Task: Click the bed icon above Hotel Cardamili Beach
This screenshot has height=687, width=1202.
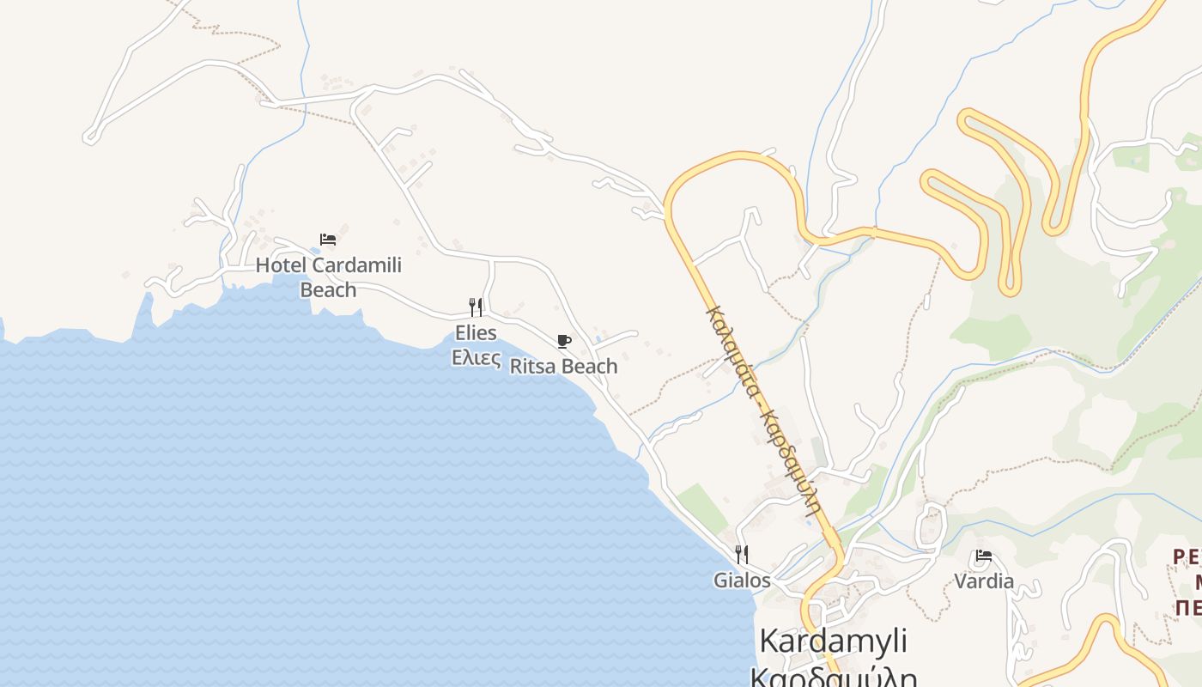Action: (328, 239)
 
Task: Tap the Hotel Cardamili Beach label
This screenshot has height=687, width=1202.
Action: (328, 277)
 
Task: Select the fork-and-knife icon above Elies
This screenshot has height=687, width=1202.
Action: (476, 307)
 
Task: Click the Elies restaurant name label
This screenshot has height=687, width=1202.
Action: (476, 332)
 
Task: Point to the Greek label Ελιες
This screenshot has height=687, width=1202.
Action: (476, 357)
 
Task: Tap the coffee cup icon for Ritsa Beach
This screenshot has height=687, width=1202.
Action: (564, 342)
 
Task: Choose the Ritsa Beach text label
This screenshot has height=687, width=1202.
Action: (563, 367)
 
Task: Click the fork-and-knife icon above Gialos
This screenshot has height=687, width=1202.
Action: (742, 554)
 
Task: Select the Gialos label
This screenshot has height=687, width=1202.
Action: (742, 581)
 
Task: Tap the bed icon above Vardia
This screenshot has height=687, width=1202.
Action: (984, 556)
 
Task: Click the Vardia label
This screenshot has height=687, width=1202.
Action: (984, 581)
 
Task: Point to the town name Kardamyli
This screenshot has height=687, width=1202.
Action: (833, 641)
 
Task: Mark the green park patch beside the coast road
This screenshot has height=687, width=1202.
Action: (701, 506)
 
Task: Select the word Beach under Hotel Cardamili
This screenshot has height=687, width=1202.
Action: (328, 290)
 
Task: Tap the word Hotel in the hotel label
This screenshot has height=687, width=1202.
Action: (281, 265)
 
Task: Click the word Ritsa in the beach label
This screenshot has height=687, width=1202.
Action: (531, 367)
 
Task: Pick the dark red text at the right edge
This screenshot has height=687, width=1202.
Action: (1188, 582)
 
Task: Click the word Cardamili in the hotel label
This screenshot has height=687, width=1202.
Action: (356, 265)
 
